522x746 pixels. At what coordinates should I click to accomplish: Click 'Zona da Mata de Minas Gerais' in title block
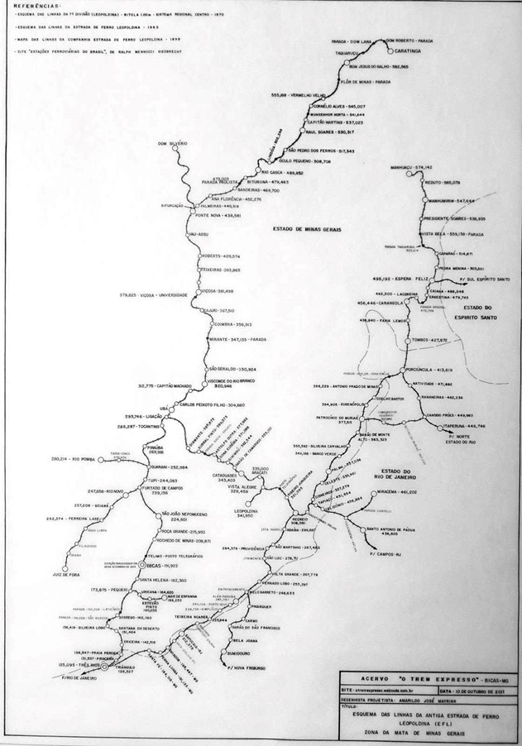coord(422,729)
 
